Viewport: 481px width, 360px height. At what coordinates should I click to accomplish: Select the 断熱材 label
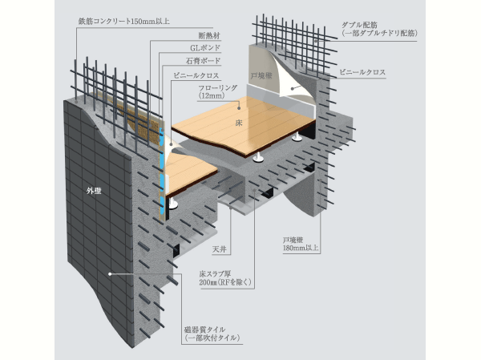click(x=209, y=35)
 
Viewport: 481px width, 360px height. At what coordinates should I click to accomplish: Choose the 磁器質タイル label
click(x=211, y=334)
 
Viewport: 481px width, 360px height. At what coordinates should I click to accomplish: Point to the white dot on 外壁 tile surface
click(x=111, y=273)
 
